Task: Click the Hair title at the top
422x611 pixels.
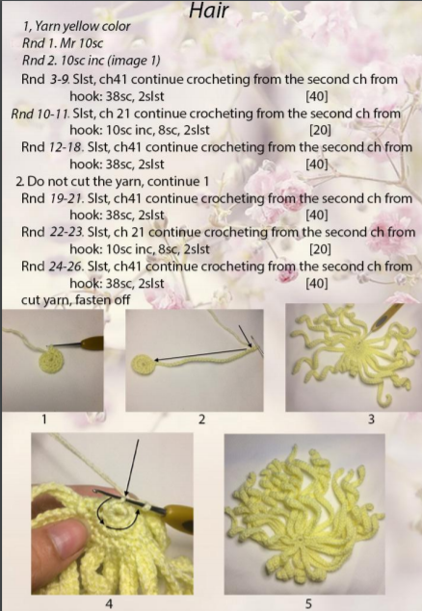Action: (x=209, y=11)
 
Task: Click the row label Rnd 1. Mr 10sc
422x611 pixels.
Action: (x=63, y=43)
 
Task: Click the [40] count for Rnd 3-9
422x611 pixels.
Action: (x=316, y=96)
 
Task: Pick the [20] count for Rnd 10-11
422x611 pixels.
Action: (x=320, y=130)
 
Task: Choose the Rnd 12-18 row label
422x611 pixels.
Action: (x=53, y=147)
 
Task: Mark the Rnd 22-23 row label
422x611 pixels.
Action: (x=53, y=232)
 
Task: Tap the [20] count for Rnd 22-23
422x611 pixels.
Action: (x=320, y=249)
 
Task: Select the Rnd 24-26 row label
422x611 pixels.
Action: (x=53, y=267)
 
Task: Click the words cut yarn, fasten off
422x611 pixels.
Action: (x=76, y=300)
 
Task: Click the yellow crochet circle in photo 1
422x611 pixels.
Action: (x=52, y=360)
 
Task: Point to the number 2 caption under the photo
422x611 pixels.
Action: (x=201, y=420)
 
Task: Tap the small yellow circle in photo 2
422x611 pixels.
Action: (x=144, y=365)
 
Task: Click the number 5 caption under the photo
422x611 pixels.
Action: (x=308, y=603)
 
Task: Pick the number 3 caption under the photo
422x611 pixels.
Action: (x=371, y=420)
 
